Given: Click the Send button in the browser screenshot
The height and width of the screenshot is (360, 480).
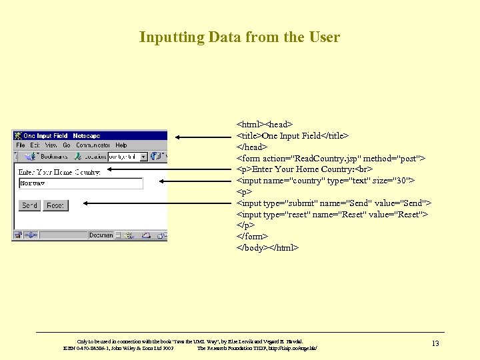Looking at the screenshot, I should [x=29, y=205].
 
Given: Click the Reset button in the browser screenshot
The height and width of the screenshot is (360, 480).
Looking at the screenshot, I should [x=55, y=205].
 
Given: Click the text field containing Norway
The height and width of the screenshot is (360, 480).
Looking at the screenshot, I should [x=80, y=183].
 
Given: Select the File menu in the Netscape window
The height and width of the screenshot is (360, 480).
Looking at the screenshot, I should [x=20, y=145].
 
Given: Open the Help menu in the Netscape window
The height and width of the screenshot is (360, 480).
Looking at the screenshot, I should [x=121, y=145].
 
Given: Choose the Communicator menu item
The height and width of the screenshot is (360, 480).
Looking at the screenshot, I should [x=93, y=145].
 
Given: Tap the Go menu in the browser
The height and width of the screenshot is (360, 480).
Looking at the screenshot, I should [x=67, y=145].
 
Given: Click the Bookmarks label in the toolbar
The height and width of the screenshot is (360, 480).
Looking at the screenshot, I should [x=53, y=157].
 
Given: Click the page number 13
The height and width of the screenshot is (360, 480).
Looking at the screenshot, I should [x=435, y=343].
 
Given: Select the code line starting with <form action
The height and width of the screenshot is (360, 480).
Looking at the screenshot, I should [x=331, y=158].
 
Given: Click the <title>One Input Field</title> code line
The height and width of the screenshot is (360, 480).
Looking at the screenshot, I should [x=293, y=135].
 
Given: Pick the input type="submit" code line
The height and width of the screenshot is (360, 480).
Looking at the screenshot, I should [x=333, y=203].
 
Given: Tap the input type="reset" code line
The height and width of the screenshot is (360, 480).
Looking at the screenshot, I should [x=332, y=214].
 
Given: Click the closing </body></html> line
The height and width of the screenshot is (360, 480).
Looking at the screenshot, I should [x=268, y=247].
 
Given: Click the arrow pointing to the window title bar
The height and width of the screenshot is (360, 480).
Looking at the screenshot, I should [x=205, y=137].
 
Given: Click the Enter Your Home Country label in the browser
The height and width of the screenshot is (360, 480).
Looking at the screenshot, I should [x=59, y=171].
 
